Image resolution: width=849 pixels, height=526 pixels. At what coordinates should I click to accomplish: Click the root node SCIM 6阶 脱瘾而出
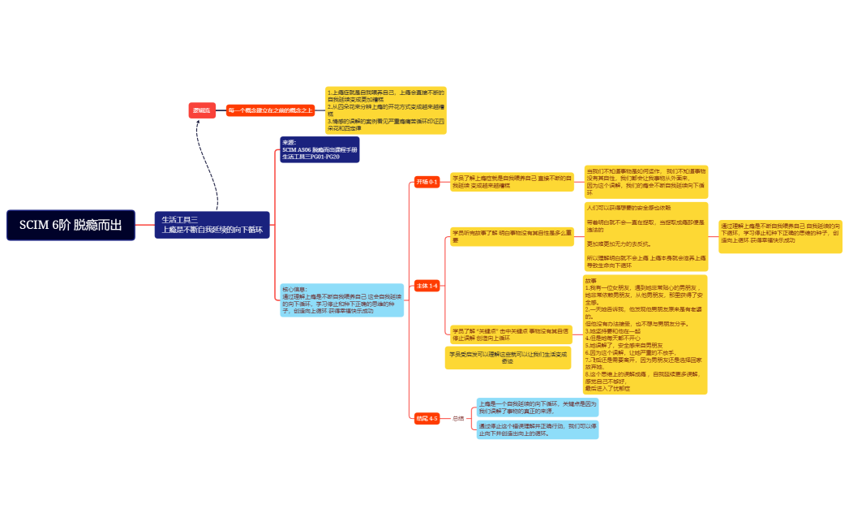pyautogui.click(x=71, y=225)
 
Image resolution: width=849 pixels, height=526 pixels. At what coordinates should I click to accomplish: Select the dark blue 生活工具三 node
pyautogui.click(x=212, y=225)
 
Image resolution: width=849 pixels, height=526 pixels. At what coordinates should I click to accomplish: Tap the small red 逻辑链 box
pyautogui.click(x=201, y=110)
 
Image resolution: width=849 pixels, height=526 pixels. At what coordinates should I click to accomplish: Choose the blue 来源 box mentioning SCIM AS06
pyautogui.click(x=319, y=149)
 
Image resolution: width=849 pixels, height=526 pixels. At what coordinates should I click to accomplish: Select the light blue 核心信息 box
pyautogui.click(x=341, y=300)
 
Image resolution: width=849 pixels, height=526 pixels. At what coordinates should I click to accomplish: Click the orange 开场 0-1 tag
pyautogui.click(x=427, y=182)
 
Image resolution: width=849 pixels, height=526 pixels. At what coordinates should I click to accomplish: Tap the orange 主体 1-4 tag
pyautogui.click(x=427, y=286)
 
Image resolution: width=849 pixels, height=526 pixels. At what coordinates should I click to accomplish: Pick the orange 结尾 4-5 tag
pyautogui.click(x=427, y=418)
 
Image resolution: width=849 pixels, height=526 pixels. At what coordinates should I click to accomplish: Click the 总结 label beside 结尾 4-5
pyautogui.click(x=458, y=418)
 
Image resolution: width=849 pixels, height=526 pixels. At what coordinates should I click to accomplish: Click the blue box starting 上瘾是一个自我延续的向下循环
pyautogui.click(x=537, y=407)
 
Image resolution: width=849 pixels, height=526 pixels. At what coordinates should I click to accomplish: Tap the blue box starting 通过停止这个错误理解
pyautogui.click(x=537, y=429)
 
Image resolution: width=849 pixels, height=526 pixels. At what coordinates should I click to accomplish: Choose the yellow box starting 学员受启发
pyautogui.click(x=508, y=358)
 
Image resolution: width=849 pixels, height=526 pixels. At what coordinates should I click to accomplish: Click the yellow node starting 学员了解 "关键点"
pyautogui.click(x=511, y=334)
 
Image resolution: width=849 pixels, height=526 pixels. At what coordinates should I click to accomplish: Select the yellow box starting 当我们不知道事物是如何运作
pyautogui.click(x=646, y=182)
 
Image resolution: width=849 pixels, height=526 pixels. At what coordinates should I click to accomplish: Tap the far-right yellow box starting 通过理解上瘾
pyautogui.click(x=780, y=236)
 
